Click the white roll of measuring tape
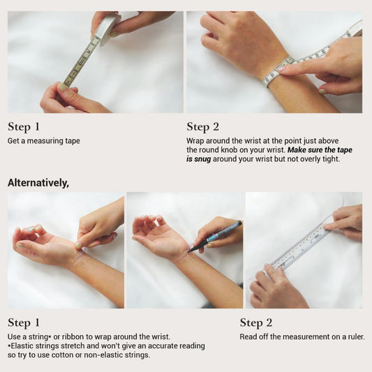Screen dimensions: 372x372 pos(106,29)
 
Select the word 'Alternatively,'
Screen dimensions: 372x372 pos(38,183)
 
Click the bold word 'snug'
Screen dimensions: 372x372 pos(202,159)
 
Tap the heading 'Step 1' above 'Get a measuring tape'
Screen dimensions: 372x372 pos(24,127)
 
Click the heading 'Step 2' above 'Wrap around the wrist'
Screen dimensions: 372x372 pos(202,127)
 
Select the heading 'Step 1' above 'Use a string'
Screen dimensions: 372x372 pos(24,323)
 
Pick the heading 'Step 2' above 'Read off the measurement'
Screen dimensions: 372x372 pos(255,323)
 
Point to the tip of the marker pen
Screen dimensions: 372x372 pos(189,251)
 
